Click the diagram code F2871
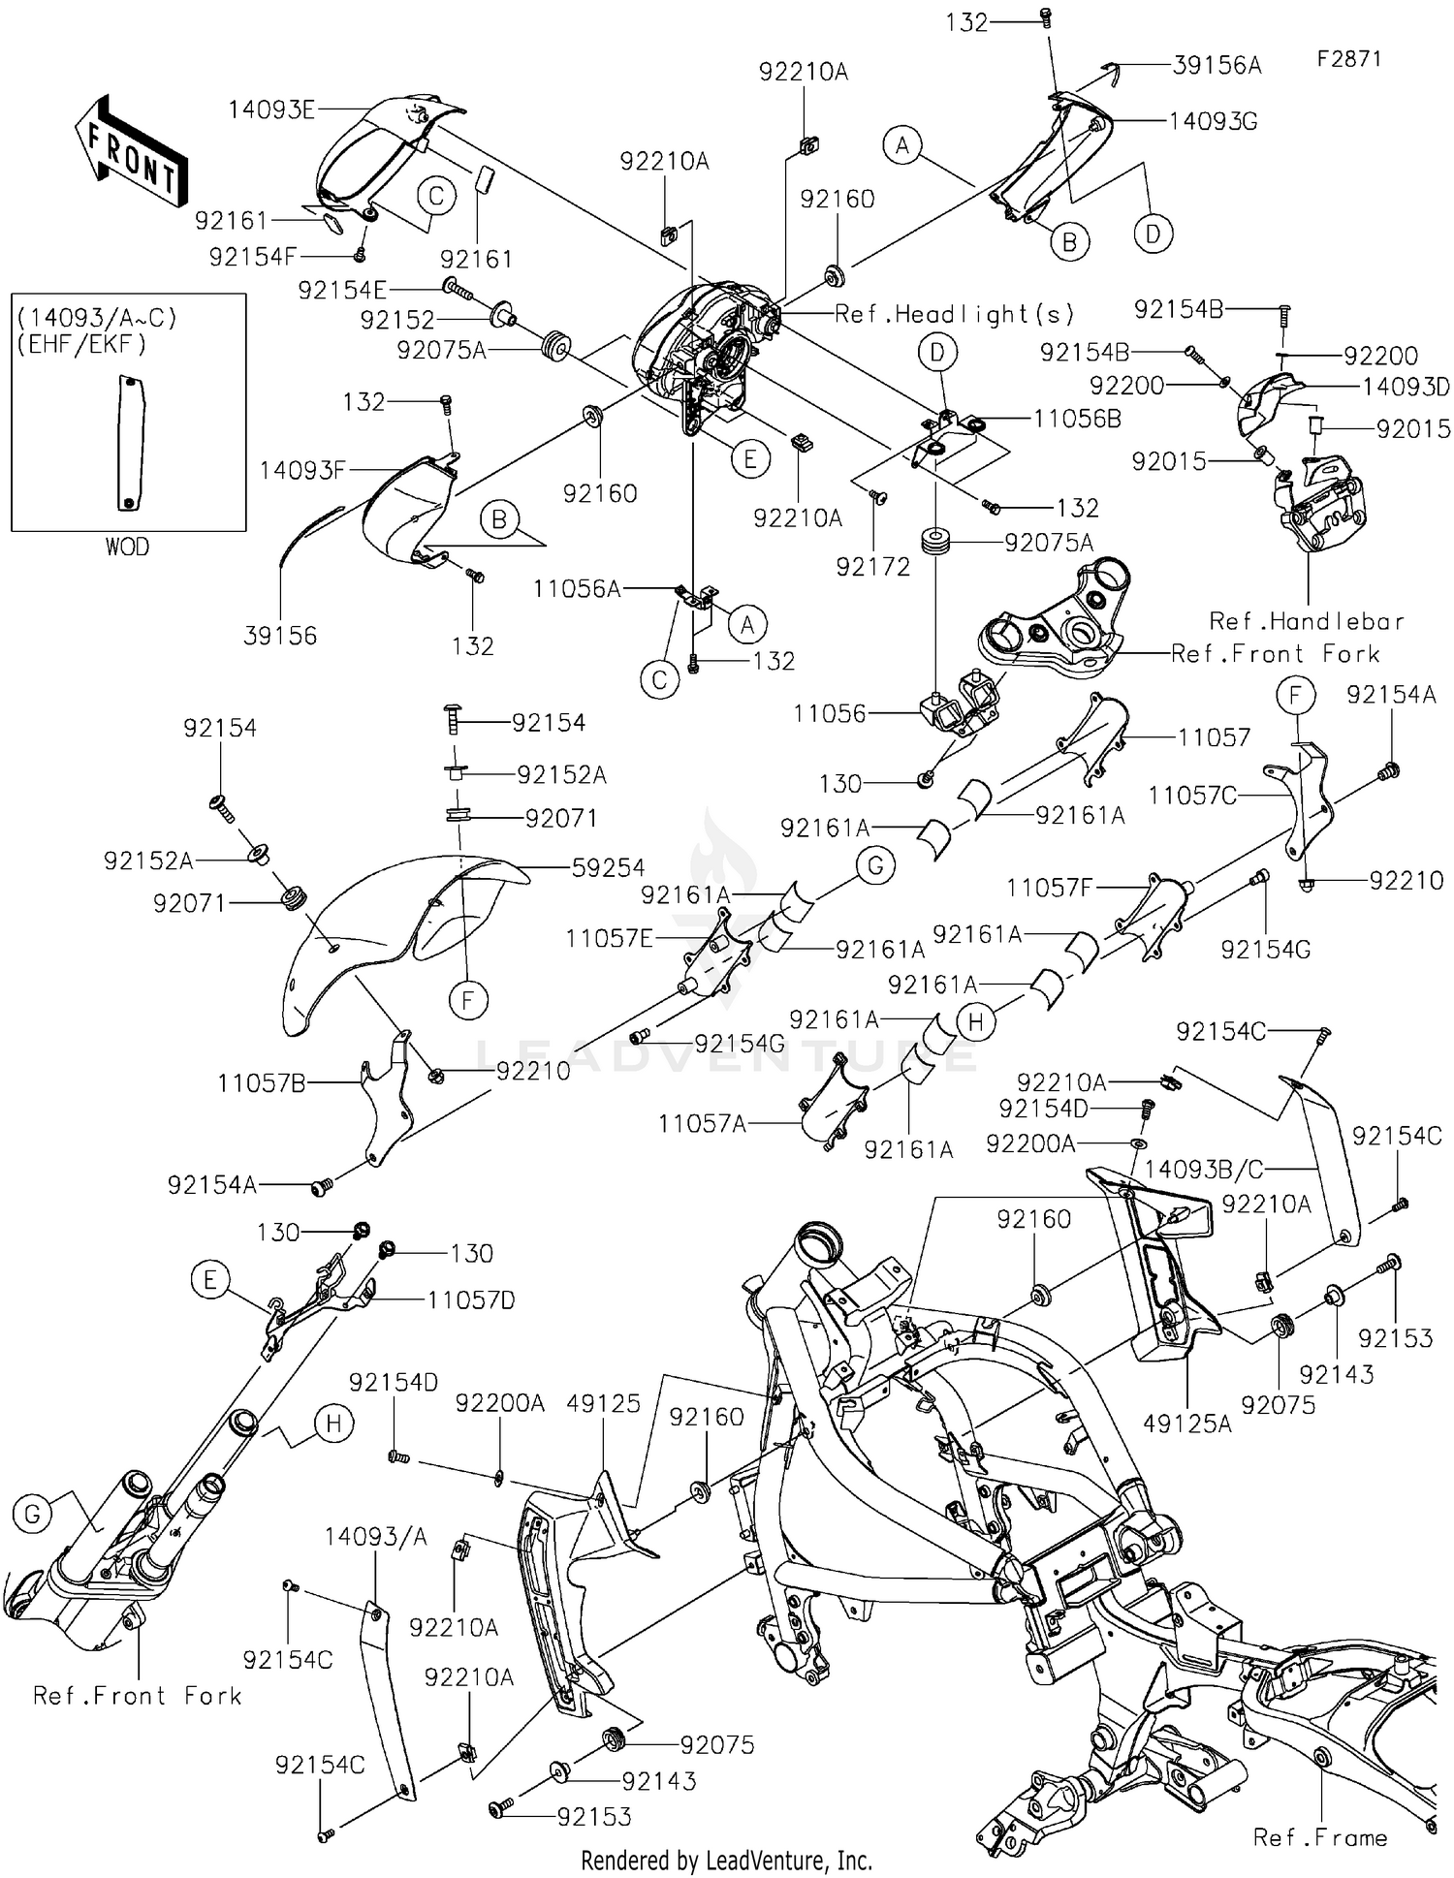(1348, 59)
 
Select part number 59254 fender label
(608, 868)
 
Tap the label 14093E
(271, 110)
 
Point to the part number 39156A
(1217, 65)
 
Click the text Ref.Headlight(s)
(955, 314)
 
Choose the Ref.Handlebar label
(1307, 621)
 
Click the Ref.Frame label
(1319, 1837)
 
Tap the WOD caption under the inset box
(127, 548)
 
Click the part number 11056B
(1077, 419)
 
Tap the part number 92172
(873, 567)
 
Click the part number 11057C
(1192, 796)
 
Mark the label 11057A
(703, 1124)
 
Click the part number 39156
(280, 636)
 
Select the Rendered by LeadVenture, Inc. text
(726, 1861)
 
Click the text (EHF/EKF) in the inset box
(81, 343)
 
